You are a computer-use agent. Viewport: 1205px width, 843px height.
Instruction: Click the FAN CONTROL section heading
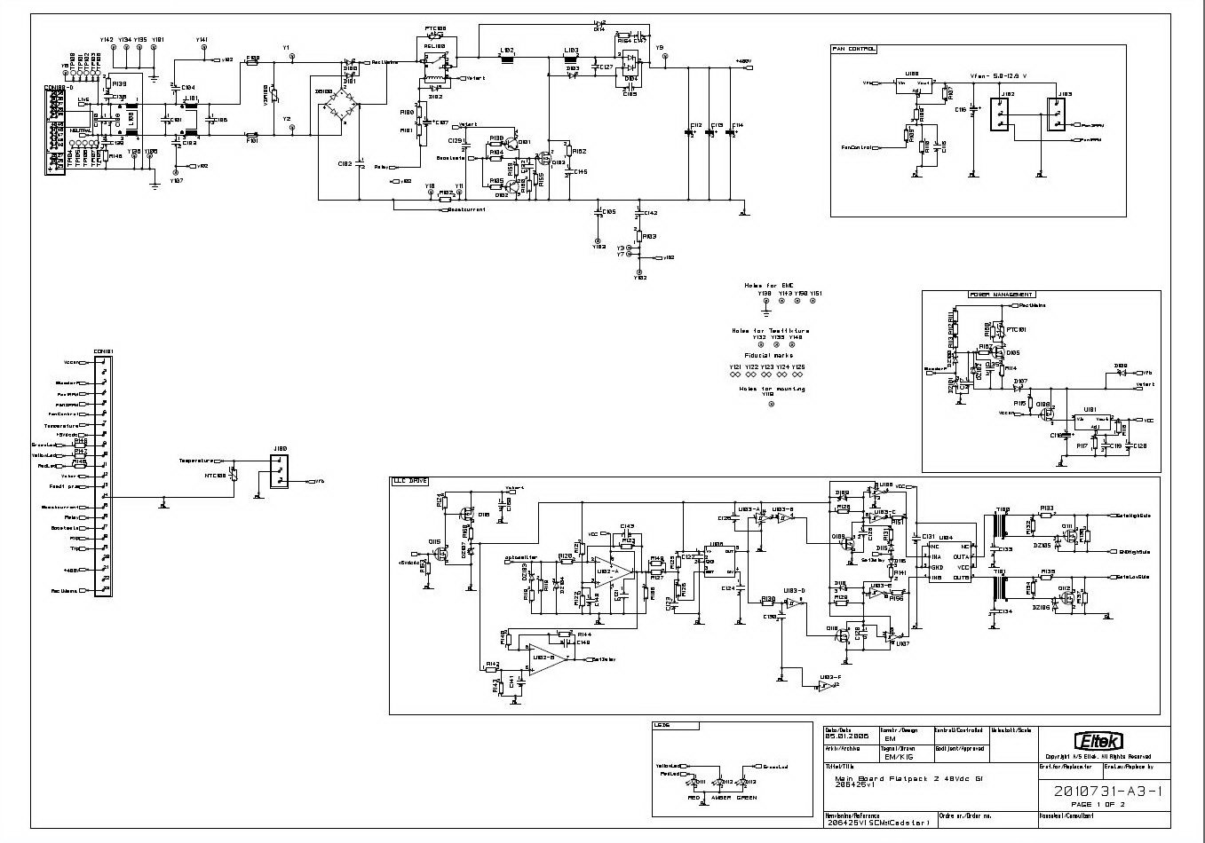coord(853,49)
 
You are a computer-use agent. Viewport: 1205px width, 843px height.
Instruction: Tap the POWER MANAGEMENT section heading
coord(1001,294)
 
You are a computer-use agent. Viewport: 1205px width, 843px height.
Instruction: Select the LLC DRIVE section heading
coord(409,480)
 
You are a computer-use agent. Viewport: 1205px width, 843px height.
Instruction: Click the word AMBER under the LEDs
coord(721,798)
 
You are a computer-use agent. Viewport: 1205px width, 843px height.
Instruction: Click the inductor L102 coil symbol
coord(508,59)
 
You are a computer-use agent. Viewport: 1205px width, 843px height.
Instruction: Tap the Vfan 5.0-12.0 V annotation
coord(996,75)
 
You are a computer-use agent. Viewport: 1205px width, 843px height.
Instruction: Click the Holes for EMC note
coord(768,285)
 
